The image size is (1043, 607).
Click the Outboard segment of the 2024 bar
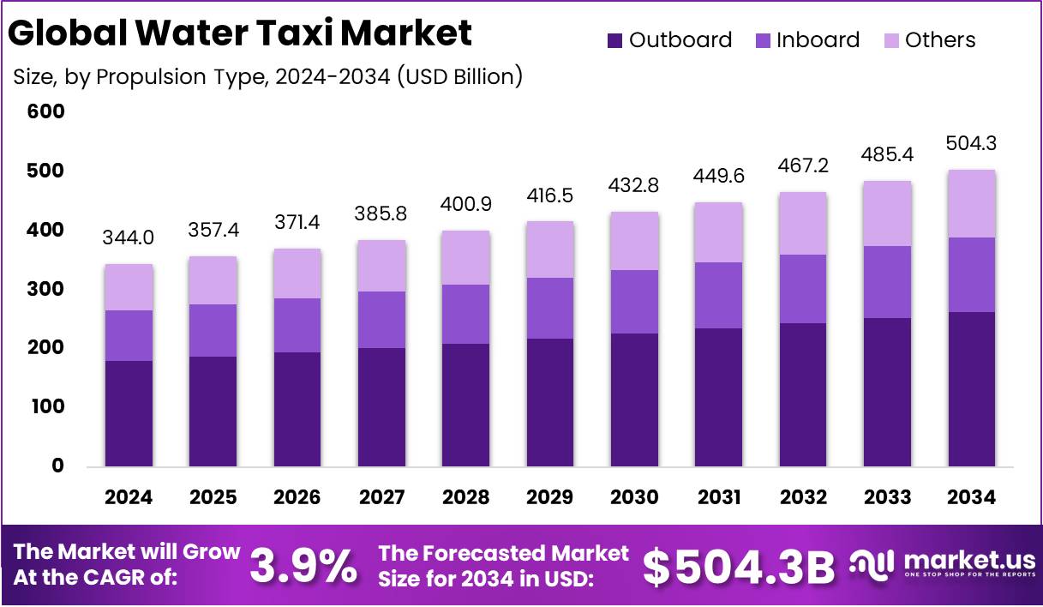(x=129, y=413)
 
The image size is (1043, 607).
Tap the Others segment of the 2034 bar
(x=971, y=204)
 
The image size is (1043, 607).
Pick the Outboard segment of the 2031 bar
(x=718, y=397)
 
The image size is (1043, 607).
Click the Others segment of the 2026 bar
(x=297, y=273)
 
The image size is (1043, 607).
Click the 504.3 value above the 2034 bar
(x=971, y=143)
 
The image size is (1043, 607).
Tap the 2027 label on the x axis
(x=381, y=498)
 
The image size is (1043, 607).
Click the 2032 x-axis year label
(x=803, y=498)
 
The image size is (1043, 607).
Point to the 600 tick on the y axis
(x=46, y=112)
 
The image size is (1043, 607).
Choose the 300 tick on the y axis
(x=46, y=290)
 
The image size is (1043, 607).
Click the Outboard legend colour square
(x=614, y=40)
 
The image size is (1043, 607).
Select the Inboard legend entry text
(x=818, y=40)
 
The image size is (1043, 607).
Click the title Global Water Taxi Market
(x=240, y=33)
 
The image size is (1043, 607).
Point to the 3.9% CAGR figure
(x=304, y=566)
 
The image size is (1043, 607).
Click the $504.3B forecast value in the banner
(x=739, y=566)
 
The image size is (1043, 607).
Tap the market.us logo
(x=943, y=566)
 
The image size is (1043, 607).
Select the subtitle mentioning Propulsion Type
(x=268, y=76)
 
